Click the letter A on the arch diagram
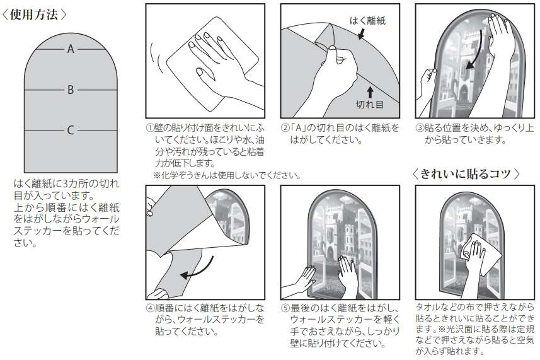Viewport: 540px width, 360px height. click(71, 49)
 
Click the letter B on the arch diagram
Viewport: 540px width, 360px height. click(71, 90)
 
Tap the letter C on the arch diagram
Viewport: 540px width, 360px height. click(71, 131)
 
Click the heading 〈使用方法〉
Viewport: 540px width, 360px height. click(34, 15)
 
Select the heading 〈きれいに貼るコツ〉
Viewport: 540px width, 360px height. click(466, 174)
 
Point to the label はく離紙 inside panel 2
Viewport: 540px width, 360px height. click(367, 21)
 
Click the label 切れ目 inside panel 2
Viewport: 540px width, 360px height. click(369, 105)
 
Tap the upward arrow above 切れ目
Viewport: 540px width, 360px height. click(371, 92)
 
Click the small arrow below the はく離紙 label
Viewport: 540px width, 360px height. click(361, 33)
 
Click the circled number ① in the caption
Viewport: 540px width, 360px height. click(150, 128)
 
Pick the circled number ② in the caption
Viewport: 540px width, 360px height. click(285, 128)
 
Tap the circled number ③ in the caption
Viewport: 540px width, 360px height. click(420, 128)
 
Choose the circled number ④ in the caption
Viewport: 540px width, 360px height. click(150, 308)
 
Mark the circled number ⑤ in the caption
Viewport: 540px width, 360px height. click(285, 308)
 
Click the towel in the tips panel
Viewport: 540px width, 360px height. click(480, 254)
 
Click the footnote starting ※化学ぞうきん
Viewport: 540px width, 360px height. click(227, 175)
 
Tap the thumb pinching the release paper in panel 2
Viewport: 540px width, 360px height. click(333, 52)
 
